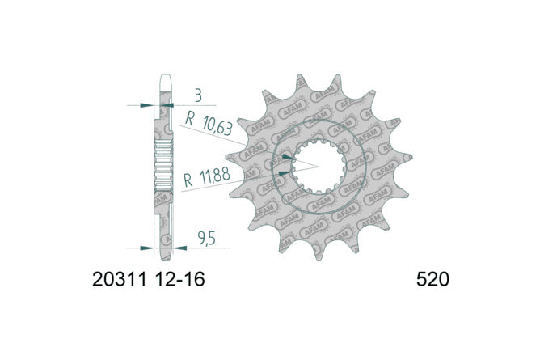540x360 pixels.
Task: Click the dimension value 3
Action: click(x=198, y=96)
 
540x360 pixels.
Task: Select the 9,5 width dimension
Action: click(x=207, y=238)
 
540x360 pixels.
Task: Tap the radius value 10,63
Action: click(x=217, y=125)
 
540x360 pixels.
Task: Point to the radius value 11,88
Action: click(x=215, y=176)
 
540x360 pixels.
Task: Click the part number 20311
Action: click(x=120, y=279)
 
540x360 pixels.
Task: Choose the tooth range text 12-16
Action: click(x=180, y=279)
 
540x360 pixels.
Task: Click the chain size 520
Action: click(x=432, y=279)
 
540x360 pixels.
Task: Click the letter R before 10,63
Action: click(x=190, y=118)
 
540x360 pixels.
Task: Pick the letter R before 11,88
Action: click(x=188, y=180)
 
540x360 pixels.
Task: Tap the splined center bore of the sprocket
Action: click(x=319, y=167)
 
